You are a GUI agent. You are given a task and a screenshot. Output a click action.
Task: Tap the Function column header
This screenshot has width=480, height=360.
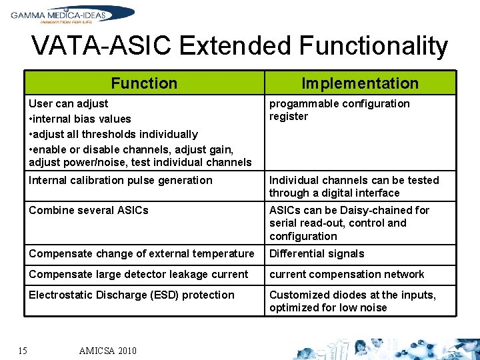point(144,83)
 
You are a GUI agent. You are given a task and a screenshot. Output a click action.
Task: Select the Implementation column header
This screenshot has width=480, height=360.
point(360,83)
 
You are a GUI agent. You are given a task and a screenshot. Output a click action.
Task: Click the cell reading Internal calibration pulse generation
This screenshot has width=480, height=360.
point(121,180)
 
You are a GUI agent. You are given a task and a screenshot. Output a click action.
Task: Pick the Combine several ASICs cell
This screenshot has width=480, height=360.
point(89,210)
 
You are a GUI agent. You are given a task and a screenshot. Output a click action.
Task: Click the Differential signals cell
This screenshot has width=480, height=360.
point(317,253)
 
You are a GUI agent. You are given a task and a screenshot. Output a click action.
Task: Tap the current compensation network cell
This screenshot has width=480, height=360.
point(347,274)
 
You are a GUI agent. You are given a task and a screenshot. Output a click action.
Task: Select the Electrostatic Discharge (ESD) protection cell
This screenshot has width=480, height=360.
point(131,295)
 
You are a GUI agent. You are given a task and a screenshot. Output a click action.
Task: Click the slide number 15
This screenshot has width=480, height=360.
point(23,350)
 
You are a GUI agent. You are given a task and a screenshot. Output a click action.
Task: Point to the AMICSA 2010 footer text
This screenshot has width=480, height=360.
point(107,351)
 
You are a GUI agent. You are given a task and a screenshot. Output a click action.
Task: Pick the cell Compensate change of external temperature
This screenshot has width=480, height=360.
point(141,253)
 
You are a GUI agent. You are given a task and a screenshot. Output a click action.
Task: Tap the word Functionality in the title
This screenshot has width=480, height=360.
point(373,46)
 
